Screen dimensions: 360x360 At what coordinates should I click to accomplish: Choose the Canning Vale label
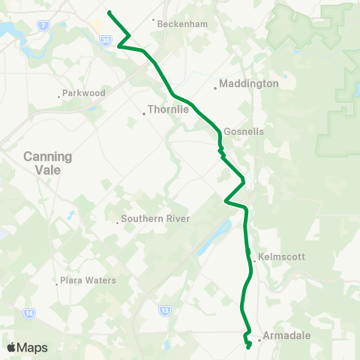click(x=47, y=163)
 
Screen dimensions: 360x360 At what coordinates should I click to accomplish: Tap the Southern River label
click(x=157, y=219)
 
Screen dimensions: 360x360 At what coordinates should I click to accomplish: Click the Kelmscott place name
click(x=281, y=256)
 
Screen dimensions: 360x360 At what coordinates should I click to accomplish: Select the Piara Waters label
click(x=88, y=280)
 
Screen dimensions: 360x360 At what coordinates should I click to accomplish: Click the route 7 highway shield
click(x=44, y=26)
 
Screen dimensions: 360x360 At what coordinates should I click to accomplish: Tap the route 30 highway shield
click(x=106, y=39)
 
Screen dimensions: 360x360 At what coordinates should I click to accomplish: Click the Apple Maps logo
click(x=26, y=347)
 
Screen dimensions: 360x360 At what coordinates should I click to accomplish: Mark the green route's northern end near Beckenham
click(x=109, y=12)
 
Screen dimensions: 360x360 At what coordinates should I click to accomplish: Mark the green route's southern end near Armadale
click(x=249, y=347)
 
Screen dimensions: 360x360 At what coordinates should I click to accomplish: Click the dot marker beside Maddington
click(x=216, y=88)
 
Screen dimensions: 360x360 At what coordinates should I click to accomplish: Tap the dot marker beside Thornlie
click(x=144, y=114)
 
